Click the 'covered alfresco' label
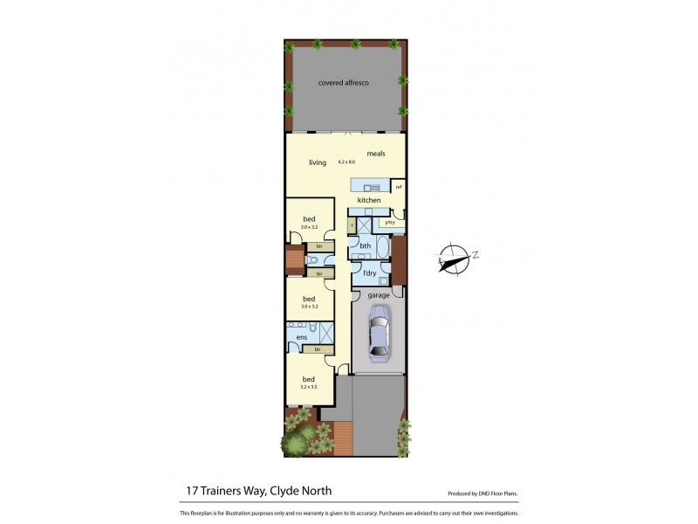tap(346, 84)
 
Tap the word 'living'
tap(317, 162)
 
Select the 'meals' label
tap(376, 154)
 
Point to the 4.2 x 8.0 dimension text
tap(346, 162)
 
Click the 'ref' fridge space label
tap(399, 187)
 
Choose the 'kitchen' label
tap(369, 201)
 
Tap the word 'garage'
tap(378, 295)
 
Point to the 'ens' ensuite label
tap(301, 337)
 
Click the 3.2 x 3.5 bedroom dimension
tap(309, 386)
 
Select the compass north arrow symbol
tap(454, 258)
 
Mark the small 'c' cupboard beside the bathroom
tap(352, 224)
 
